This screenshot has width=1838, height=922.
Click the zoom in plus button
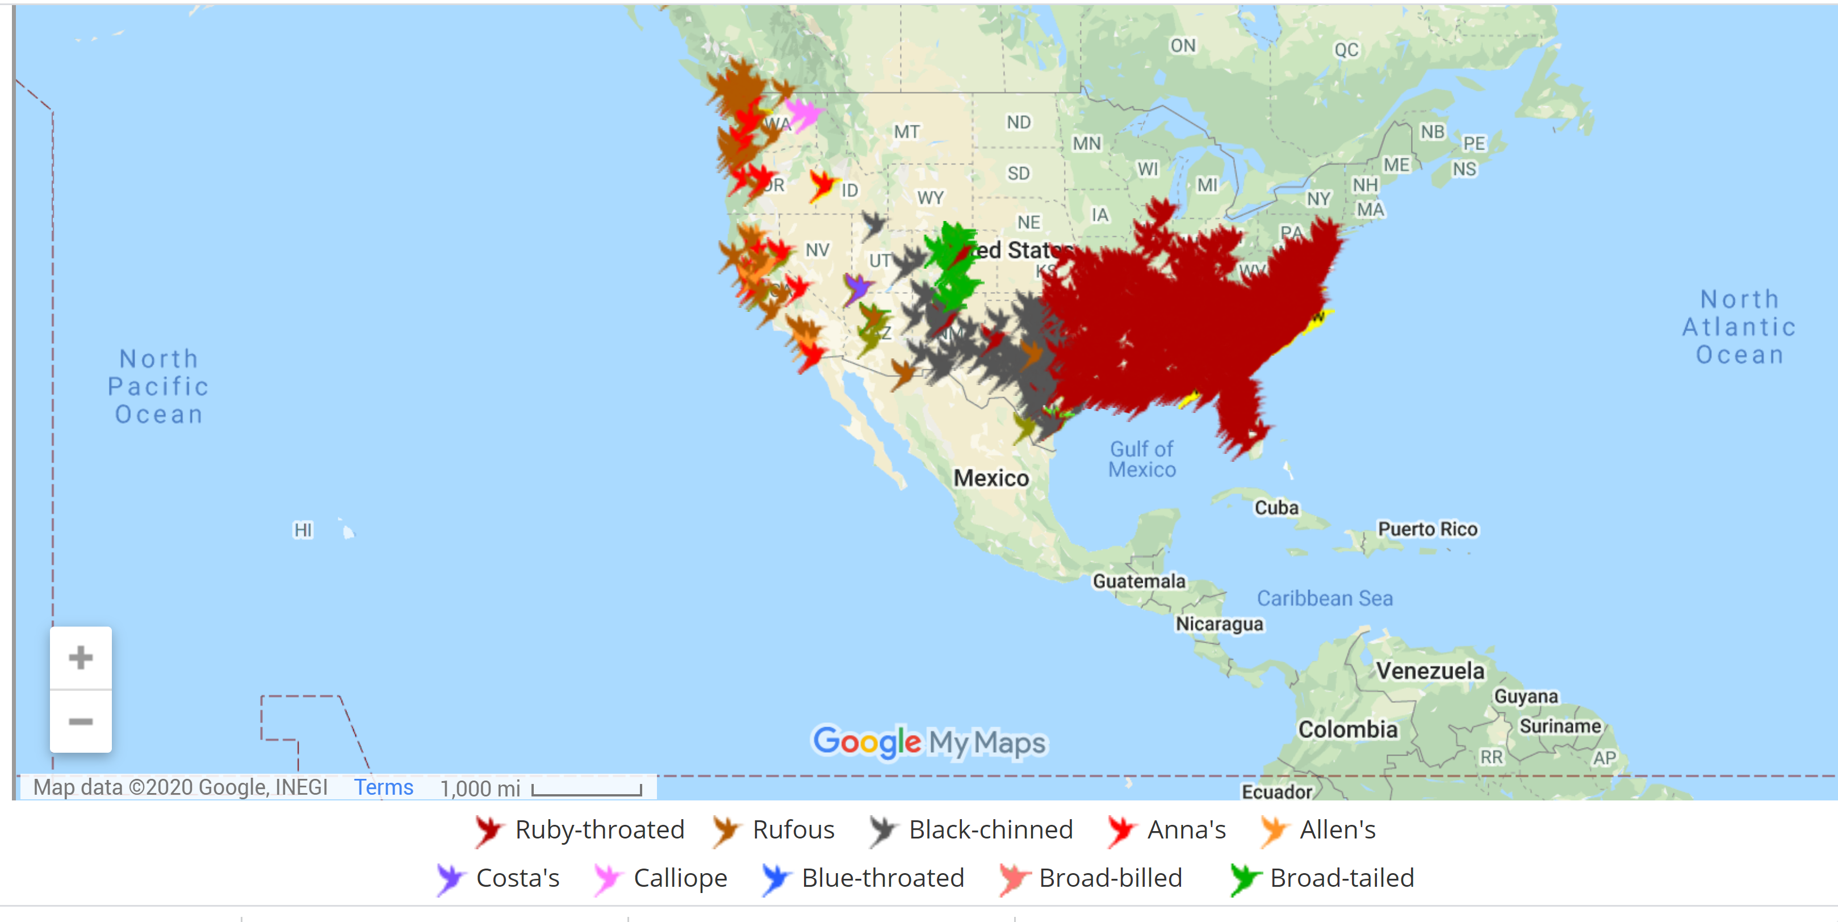point(81,657)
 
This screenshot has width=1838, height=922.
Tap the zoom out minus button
point(81,721)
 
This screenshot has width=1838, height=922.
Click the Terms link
point(383,787)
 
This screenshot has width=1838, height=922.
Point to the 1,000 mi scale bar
point(586,789)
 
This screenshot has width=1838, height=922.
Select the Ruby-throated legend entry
point(579,830)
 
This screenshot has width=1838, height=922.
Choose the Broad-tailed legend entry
point(1322,878)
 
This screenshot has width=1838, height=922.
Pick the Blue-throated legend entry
point(863,878)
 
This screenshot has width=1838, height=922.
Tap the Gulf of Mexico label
point(1142,459)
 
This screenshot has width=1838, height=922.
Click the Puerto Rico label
point(1427,529)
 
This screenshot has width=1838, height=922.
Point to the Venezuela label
point(1430,671)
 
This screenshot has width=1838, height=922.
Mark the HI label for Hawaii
point(303,530)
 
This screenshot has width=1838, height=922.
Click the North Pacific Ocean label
point(158,386)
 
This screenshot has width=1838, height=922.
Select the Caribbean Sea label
point(1324,598)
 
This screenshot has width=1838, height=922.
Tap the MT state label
point(907,132)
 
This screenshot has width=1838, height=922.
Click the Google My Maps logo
point(929,742)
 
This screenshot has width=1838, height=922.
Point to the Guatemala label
point(1139,581)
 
